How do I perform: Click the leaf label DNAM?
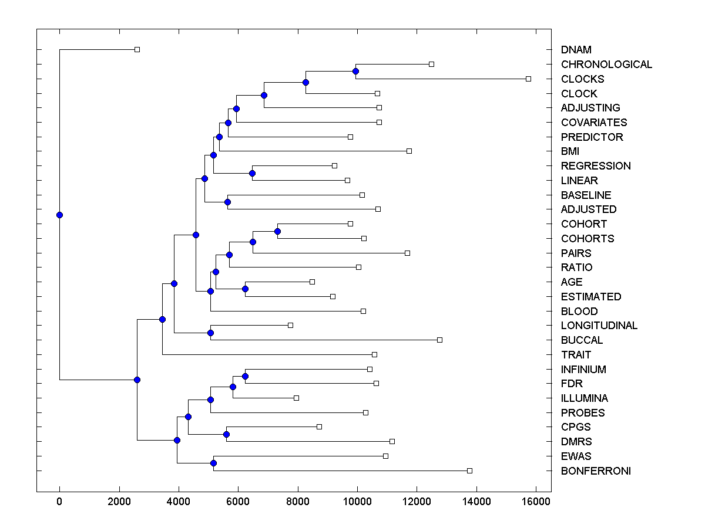coord(576,50)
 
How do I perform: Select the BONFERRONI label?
coord(596,471)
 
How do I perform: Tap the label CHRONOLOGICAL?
coord(606,65)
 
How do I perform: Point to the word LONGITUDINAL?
coord(599,326)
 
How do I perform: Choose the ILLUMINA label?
coord(584,398)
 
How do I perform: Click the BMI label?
coord(570,151)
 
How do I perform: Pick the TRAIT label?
coord(576,355)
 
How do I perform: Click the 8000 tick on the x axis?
coord(298,501)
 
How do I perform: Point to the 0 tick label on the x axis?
coord(59,501)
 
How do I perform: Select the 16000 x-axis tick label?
coord(536,501)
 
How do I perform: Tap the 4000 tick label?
coord(179,501)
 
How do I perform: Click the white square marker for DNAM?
coord(137,50)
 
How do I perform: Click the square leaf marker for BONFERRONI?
coord(469,471)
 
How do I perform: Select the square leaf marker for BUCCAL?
coord(439,340)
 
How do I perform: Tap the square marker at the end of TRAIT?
coord(374,354)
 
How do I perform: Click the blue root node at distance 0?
coord(59,215)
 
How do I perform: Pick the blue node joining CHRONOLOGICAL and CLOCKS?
coord(355,71)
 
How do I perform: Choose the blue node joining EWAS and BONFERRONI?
coord(213,463)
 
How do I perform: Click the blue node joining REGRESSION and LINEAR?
coord(252,173)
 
